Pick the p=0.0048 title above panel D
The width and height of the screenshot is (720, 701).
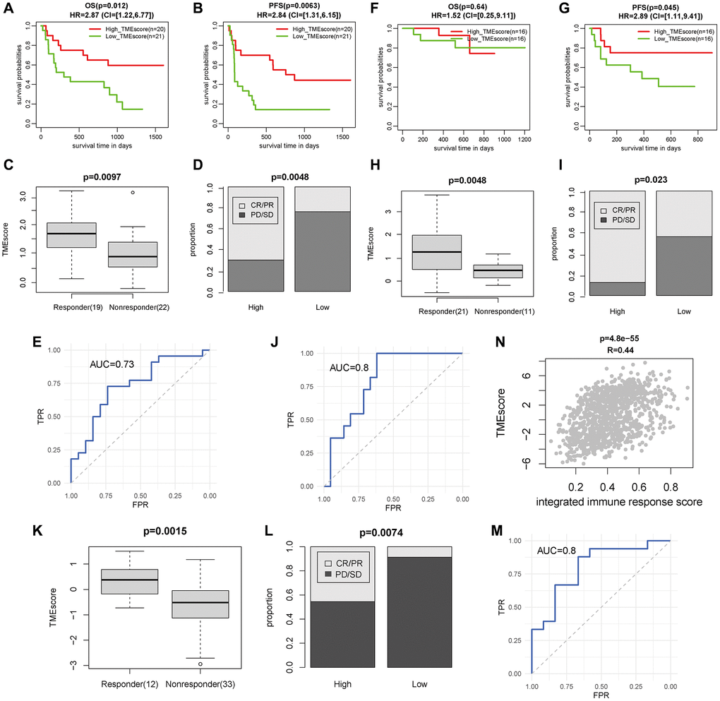pos(276,172)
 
